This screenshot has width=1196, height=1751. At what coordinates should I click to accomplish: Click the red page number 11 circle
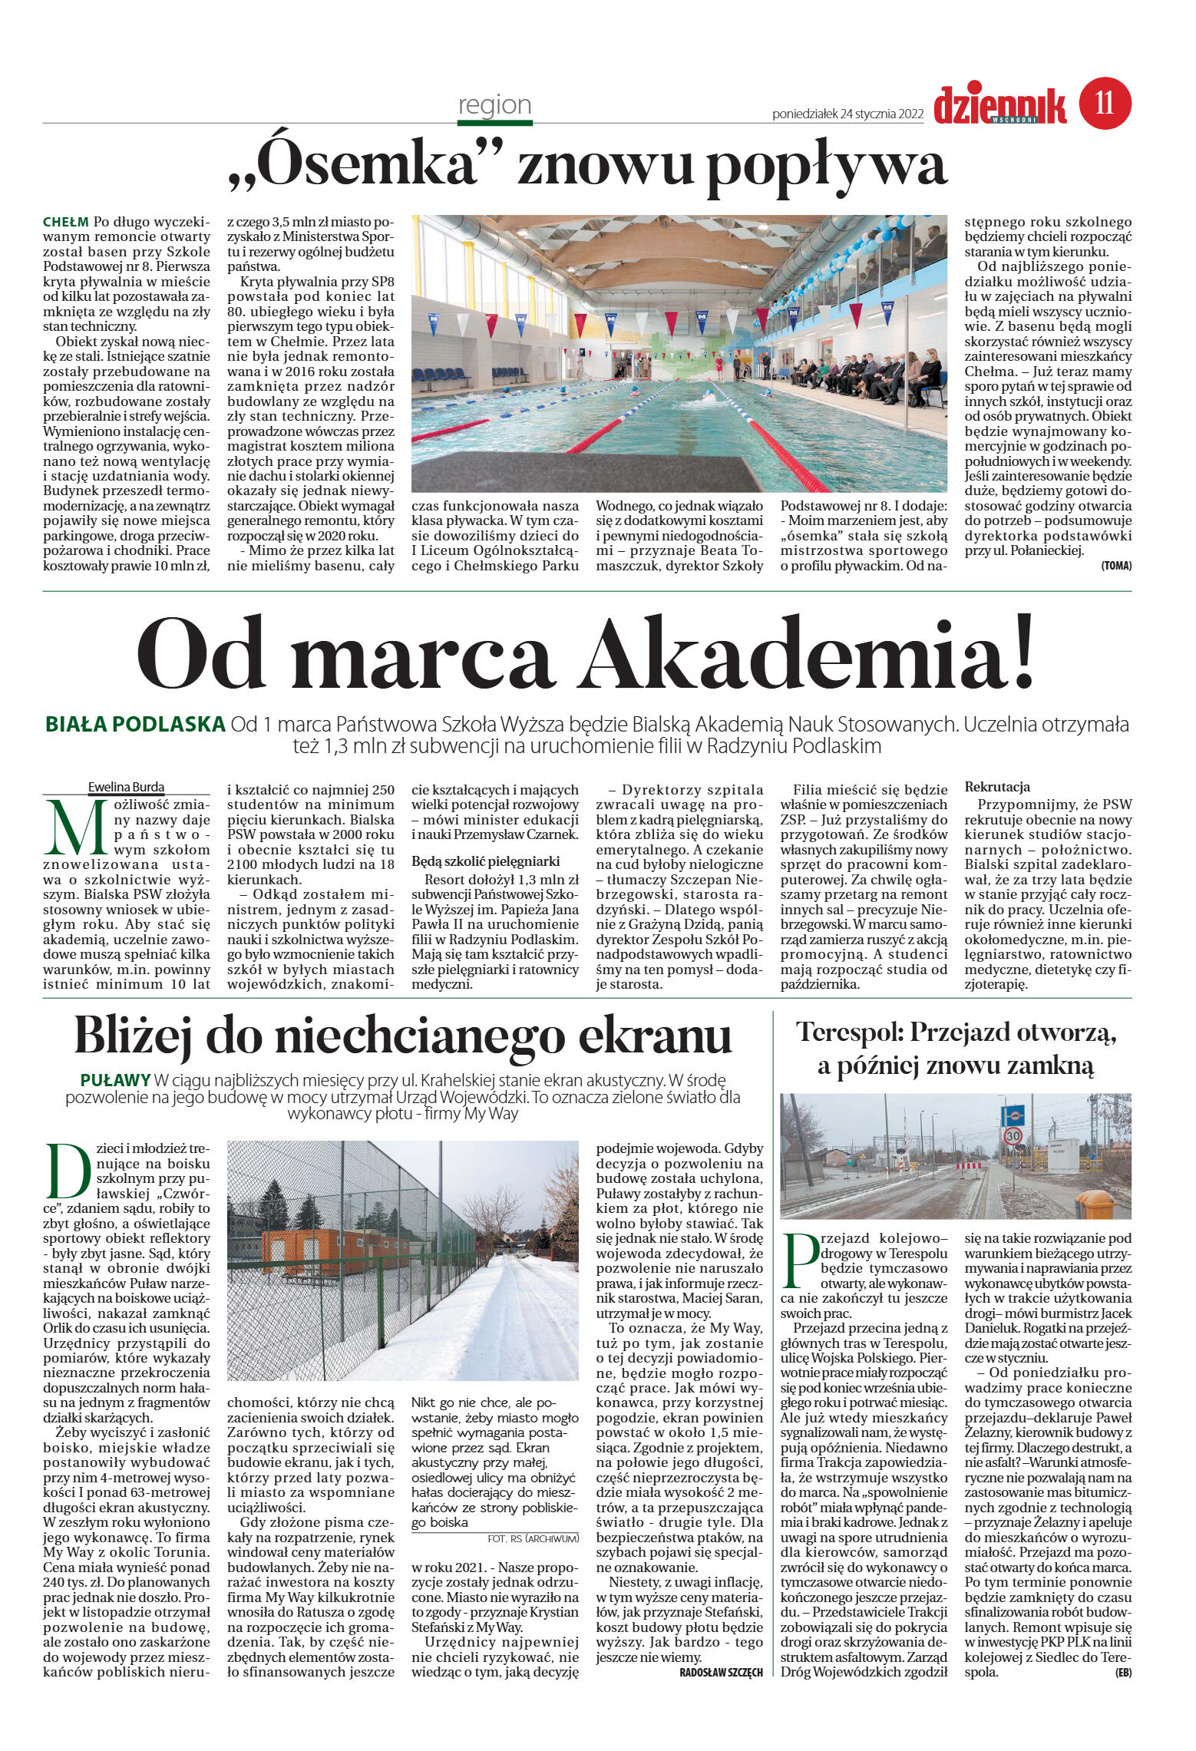coord(1105,103)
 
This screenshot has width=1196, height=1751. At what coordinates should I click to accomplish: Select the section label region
coord(494,105)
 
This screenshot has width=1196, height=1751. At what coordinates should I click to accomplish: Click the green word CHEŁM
coord(66,223)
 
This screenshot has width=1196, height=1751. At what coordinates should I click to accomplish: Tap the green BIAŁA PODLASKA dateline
coord(135,724)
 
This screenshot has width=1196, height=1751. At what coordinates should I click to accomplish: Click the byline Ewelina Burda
coord(126,787)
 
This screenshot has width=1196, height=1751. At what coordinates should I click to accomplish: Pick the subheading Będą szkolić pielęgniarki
coord(485,861)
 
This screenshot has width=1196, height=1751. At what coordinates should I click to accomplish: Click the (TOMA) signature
coord(1115,566)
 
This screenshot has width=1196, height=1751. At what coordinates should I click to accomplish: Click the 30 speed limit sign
coord(1013,1135)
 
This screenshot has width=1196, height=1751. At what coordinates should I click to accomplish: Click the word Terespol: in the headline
coord(849,1032)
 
